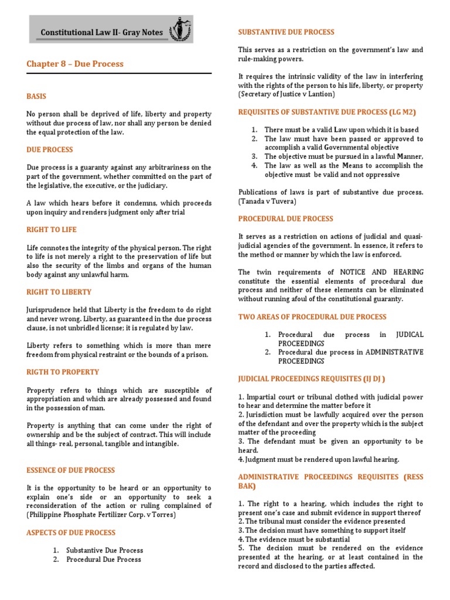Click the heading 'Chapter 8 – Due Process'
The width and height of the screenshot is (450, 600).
click(75, 63)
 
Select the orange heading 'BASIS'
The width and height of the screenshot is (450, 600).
click(36, 96)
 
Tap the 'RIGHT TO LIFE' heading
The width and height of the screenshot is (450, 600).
click(52, 230)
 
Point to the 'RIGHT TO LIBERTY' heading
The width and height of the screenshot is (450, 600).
click(59, 292)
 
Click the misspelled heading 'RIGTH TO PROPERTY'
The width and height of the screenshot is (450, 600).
click(63, 372)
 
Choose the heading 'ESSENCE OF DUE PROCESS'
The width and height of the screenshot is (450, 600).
click(70, 470)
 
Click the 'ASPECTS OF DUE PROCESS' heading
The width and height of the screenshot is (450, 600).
click(71, 533)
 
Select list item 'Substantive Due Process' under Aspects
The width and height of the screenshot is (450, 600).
click(104, 550)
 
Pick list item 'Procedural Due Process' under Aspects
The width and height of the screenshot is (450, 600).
click(103, 560)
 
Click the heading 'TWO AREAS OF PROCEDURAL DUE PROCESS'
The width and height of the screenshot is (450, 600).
click(312, 317)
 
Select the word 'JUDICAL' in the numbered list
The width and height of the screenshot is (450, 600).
click(409, 335)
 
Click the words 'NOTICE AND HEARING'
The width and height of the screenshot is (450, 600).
click(387, 272)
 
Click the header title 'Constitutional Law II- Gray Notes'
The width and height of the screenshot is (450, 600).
click(103, 33)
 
